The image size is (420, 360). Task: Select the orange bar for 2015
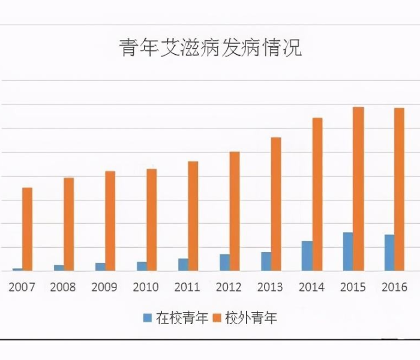pyautogui.click(x=358, y=189)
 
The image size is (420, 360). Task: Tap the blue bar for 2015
pyautogui.click(x=347, y=251)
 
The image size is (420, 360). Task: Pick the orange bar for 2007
pyautogui.click(x=27, y=229)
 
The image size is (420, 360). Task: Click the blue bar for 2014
pyautogui.click(x=307, y=256)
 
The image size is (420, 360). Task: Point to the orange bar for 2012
pyautogui.click(x=234, y=211)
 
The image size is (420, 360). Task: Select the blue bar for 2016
pyautogui.click(x=389, y=253)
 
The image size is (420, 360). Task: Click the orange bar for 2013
pyautogui.click(x=275, y=204)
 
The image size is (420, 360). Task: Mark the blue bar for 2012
pyautogui.click(x=224, y=262)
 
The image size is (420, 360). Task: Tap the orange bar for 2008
pyautogui.click(x=68, y=224)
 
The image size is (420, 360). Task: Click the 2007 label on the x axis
pyautogui.click(x=22, y=287)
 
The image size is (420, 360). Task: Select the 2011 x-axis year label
pyautogui.click(x=187, y=287)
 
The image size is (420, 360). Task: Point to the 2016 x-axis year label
pyautogui.click(x=394, y=287)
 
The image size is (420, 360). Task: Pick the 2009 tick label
pyautogui.click(x=104, y=287)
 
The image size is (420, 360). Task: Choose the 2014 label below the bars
pyautogui.click(x=311, y=287)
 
